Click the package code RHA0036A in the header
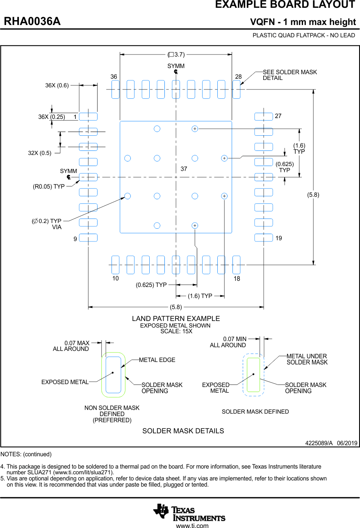tap(32, 22)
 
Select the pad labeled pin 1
tap(88, 116)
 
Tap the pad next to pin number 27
tap(263, 116)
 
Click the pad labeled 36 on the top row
tap(115, 89)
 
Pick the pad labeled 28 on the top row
tap(236, 89)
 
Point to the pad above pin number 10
tap(115, 265)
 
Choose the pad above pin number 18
tap(236, 265)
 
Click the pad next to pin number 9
tap(88, 238)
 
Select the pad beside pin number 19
tap(263, 238)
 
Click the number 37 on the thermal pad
tap(184, 169)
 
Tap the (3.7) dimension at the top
tap(176, 54)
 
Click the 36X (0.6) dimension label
tap(57, 86)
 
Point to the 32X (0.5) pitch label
tap(40, 153)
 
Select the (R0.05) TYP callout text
tap(49, 187)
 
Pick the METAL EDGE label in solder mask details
tap(157, 360)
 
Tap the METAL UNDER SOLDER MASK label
tap(307, 359)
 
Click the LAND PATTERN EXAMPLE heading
tap(176, 319)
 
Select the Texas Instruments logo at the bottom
tap(189, 512)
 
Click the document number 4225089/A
tap(319, 444)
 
